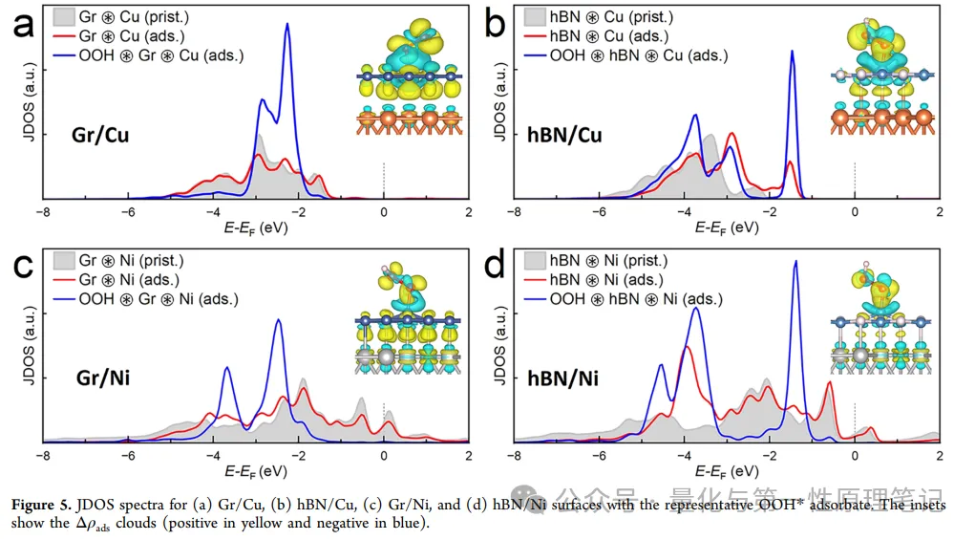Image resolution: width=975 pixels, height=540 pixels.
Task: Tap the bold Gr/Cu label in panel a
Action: tap(100, 135)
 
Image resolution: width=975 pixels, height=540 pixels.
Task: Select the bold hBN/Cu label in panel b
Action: tap(564, 135)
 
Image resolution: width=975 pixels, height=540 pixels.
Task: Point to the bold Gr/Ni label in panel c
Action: tap(103, 378)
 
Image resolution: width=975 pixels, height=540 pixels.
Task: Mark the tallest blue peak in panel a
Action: tap(287, 26)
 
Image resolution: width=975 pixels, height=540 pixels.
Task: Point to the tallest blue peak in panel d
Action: tap(795, 262)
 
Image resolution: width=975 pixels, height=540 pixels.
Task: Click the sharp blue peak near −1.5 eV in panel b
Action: tap(792, 53)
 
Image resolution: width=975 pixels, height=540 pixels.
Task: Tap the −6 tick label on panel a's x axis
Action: tap(127, 212)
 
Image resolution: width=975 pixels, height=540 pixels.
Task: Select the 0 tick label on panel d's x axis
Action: tap(855, 456)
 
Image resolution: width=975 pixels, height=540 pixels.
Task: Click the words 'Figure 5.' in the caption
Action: tap(40, 505)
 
